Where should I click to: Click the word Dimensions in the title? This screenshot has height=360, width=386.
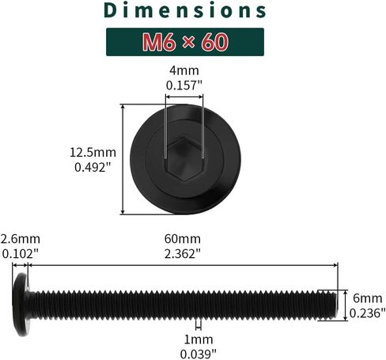[x=185, y=10]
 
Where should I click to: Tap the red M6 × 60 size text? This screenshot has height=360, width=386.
[x=185, y=42]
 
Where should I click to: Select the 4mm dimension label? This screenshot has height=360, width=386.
[x=184, y=70]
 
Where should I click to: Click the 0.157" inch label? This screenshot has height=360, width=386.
[x=184, y=85]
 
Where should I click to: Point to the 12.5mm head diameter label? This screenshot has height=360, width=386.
[x=93, y=153]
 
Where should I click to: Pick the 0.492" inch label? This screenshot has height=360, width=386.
[x=93, y=167]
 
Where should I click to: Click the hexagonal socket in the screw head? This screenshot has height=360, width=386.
[x=184, y=159]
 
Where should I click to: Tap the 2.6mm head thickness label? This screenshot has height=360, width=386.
[x=21, y=239]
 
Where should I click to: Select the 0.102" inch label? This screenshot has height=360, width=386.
[x=21, y=254]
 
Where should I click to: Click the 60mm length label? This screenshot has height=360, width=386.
[x=183, y=239]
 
